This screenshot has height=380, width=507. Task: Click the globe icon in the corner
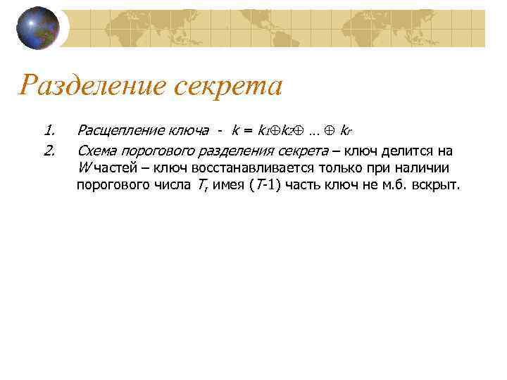coord(38,27)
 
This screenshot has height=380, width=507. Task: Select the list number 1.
coord(49,130)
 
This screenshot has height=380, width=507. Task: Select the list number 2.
coord(49,151)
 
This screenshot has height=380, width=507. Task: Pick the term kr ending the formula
coord(346,131)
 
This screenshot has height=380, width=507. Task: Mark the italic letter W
coord(84,169)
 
